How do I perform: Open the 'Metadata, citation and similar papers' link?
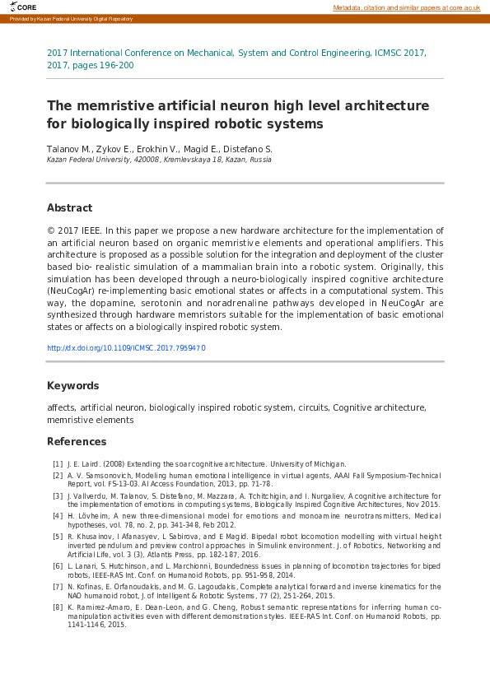(x=406, y=7)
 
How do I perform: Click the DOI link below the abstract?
(x=126, y=348)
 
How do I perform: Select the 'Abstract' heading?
(x=69, y=208)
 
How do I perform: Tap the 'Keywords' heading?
(x=73, y=386)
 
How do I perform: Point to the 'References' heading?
(x=77, y=442)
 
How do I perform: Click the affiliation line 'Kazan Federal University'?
(x=91, y=160)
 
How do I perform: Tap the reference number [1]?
(x=58, y=464)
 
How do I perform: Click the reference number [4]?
(x=58, y=516)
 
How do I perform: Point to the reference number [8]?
(x=58, y=607)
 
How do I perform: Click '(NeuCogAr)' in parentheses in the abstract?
(x=70, y=291)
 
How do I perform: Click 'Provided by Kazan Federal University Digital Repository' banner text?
(x=71, y=19)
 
